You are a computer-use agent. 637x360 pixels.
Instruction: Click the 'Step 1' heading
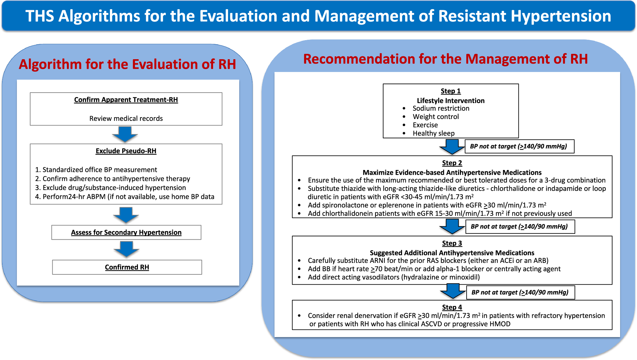click(451, 91)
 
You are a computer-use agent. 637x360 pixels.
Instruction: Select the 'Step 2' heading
click(452, 163)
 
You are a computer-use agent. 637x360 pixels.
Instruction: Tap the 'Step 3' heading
click(452, 243)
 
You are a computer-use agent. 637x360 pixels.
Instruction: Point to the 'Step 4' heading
click(452, 307)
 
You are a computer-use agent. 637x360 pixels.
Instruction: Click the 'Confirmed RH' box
click(127, 267)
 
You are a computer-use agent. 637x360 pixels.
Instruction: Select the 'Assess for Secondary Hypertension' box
click(126, 232)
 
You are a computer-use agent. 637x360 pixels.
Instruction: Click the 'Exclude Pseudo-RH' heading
click(126, 151)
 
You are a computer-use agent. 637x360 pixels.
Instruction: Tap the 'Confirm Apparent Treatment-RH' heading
click(126, 100)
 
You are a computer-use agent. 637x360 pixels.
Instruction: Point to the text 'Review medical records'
click(126, 118)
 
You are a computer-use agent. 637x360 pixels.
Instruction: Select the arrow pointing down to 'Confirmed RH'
click(126, 249)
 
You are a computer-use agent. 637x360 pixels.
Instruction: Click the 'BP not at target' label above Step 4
click(520, 292)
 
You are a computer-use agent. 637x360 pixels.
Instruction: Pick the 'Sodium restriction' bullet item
click(441, 108)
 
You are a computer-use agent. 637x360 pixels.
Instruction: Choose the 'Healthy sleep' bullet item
click(434, 133)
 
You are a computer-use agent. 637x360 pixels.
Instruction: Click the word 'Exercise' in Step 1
click(425, 125)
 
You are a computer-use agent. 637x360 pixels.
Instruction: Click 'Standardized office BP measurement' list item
click(96, 170)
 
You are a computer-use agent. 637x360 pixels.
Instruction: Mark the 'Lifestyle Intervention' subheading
click(451, 101)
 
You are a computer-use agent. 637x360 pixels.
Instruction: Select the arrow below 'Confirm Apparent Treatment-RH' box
click(125, 134)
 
